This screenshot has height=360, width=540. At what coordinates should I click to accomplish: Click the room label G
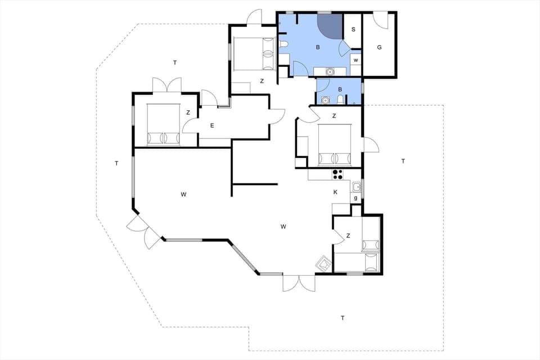point(379,47)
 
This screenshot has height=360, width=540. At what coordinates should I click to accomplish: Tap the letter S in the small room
point(353,30)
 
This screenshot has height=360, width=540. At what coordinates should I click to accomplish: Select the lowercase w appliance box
point(355,60)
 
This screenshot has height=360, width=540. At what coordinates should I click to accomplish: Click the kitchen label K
point(335,192)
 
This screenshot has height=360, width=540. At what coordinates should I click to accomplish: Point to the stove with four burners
point(337,174)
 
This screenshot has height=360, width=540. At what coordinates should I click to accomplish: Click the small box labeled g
point(355,197)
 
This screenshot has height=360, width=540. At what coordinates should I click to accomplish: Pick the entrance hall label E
point(212,125)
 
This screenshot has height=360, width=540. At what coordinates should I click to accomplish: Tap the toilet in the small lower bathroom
point(340,100)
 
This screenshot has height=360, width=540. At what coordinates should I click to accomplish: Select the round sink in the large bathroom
point(330,71)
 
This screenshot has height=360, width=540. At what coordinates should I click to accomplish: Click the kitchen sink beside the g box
point(356,187)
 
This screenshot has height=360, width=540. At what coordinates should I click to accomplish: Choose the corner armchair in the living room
point(323,263)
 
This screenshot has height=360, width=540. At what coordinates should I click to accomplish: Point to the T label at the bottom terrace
point(343,318)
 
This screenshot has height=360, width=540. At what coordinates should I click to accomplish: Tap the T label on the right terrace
point(403,161)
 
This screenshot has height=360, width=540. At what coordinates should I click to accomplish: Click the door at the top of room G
point(381,20)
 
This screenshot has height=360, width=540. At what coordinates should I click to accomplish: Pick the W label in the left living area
point(184,195)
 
